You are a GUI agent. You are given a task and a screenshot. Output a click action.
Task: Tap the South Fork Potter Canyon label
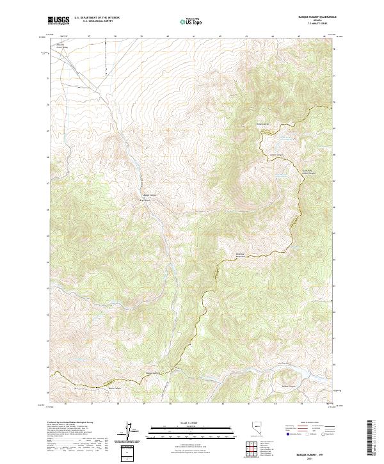click(289, 172)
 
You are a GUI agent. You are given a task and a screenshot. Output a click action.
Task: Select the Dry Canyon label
click(145, 199)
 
